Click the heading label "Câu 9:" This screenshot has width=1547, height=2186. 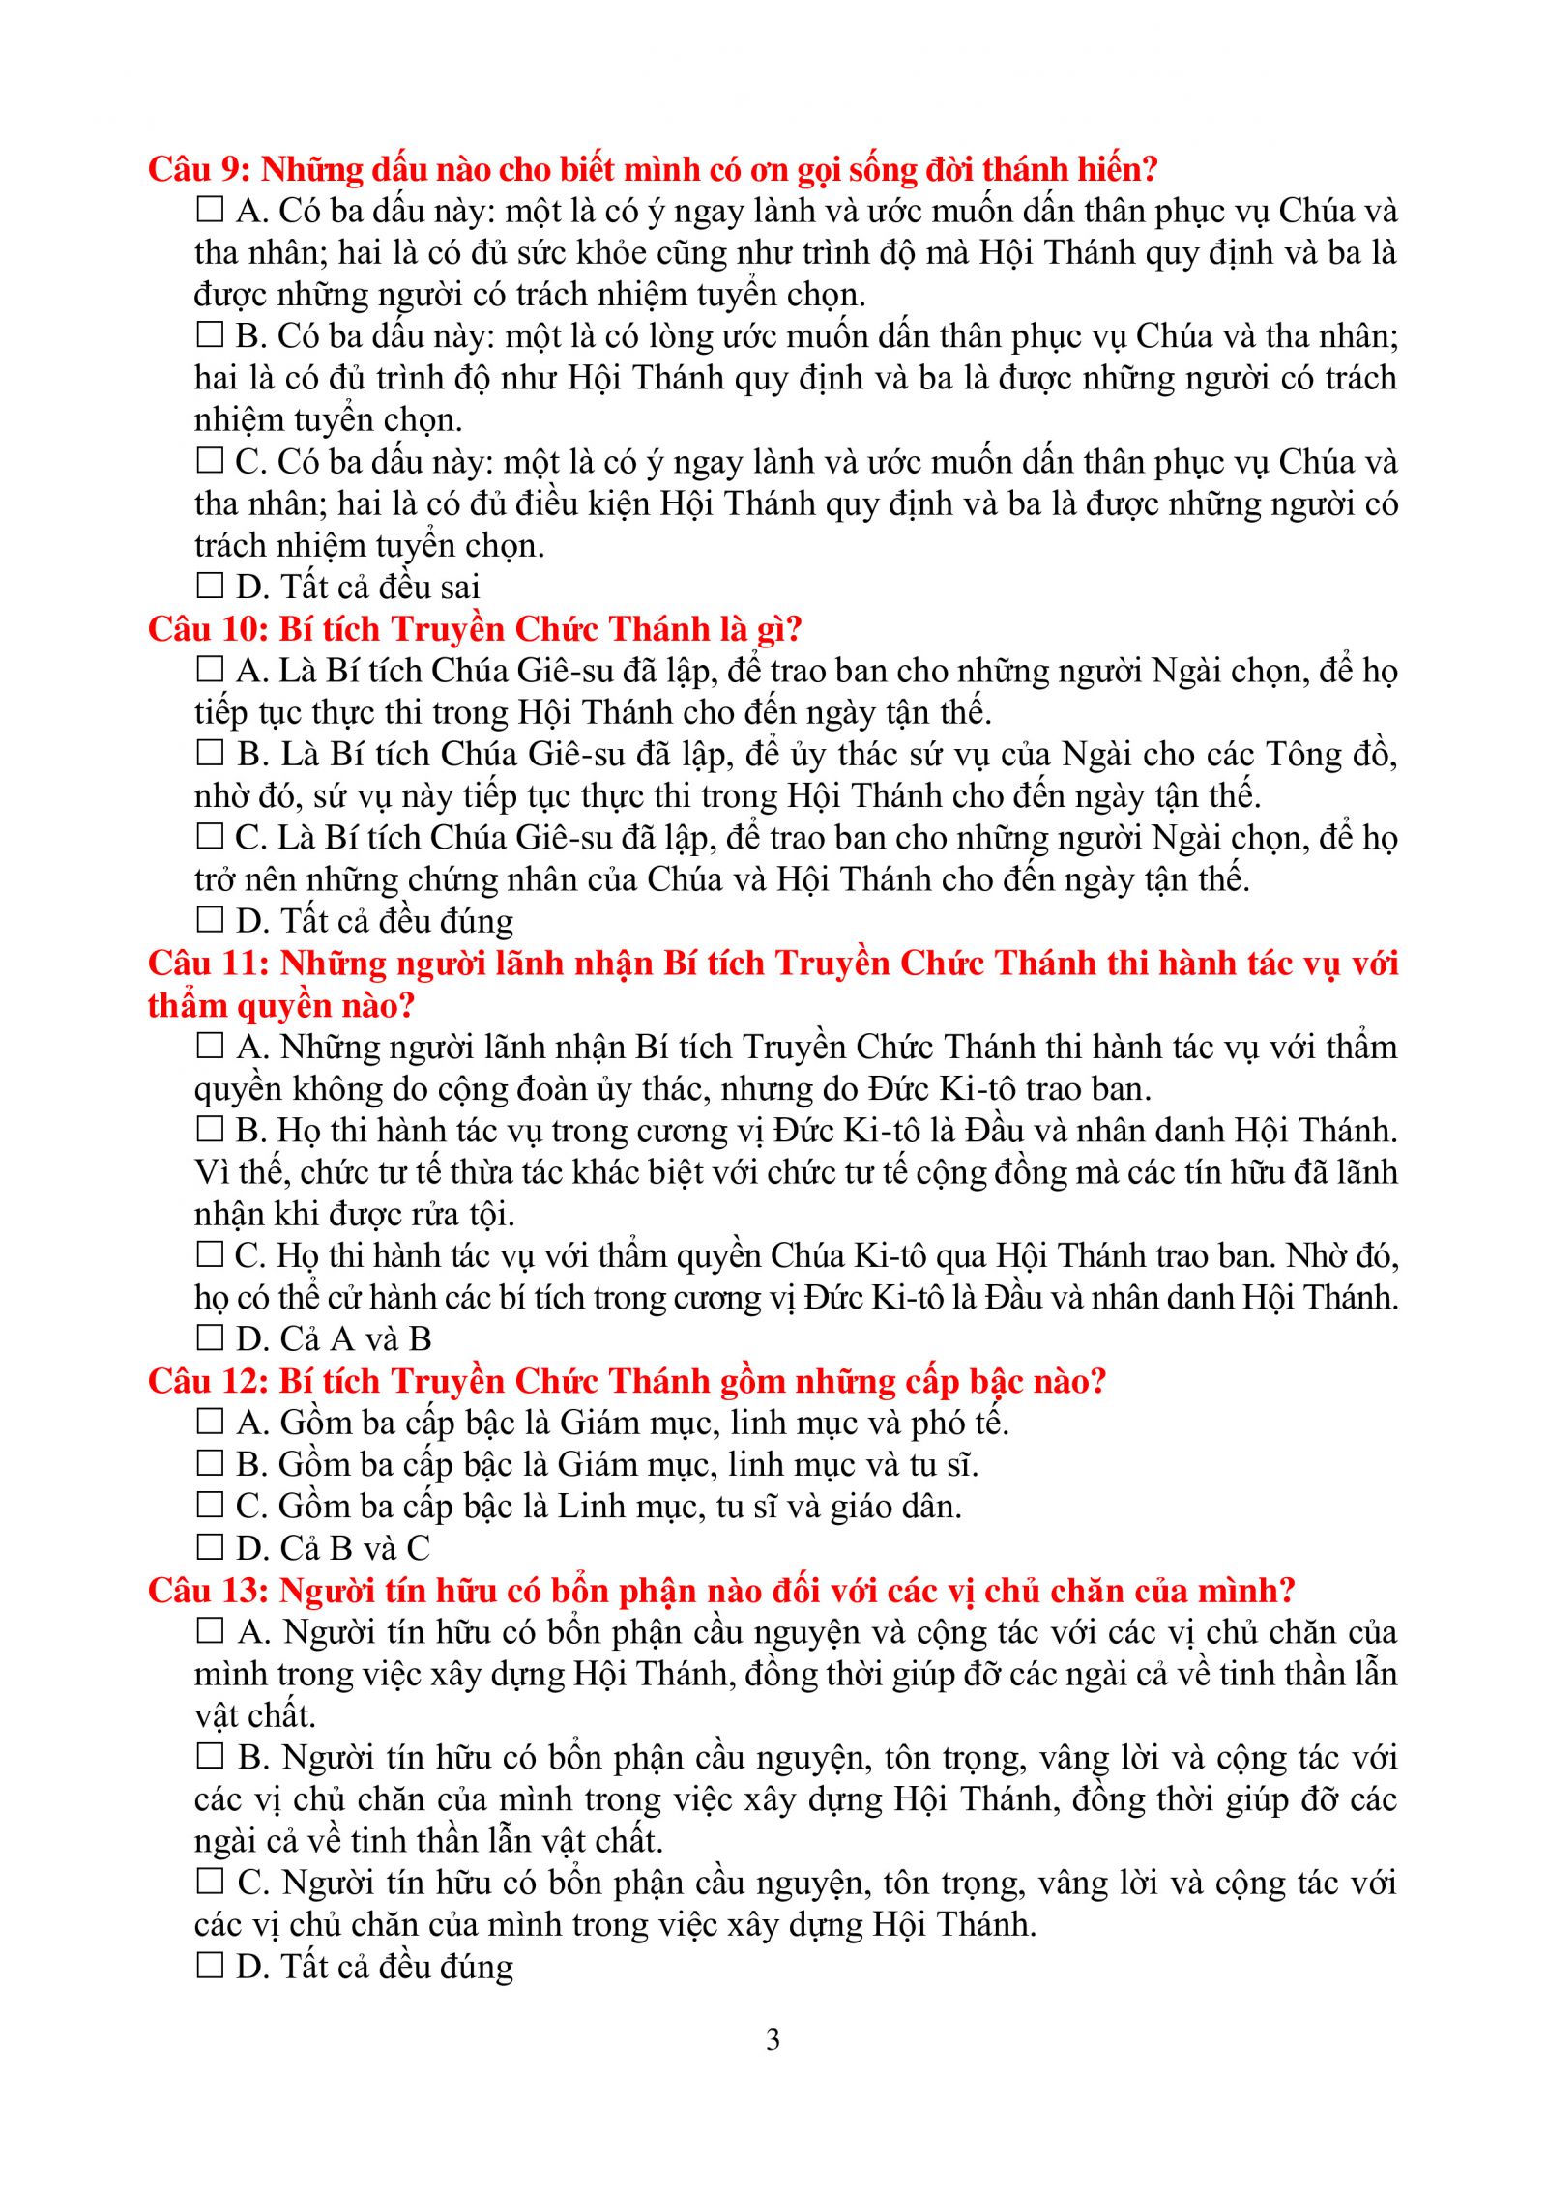199,170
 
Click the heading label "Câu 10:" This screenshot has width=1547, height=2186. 208,629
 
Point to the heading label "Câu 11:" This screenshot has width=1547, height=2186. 208,964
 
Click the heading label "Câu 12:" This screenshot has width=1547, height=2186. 208,1381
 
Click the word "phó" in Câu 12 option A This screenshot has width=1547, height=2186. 937,1424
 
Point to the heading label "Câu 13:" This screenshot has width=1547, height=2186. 208,1591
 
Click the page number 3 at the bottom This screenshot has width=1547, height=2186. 773,2040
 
